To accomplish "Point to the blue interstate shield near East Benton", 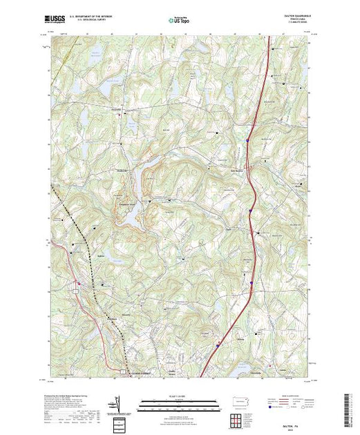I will tap(246, 141).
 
